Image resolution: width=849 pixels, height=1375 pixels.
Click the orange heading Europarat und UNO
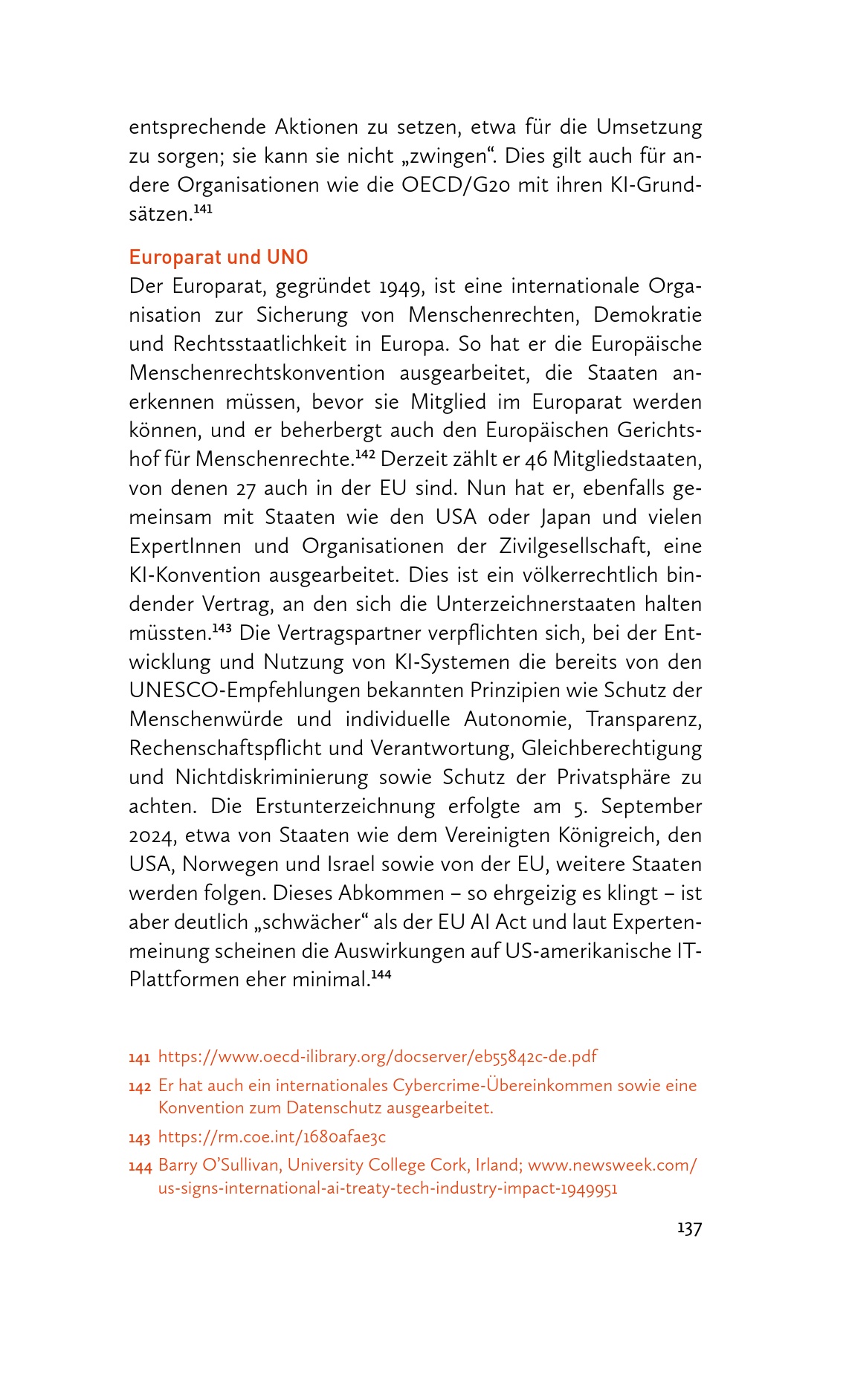click(x=219, y=257)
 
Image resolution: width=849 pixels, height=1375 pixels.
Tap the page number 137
click(x=689, y=1229)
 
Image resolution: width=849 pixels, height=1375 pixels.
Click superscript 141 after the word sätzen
click(x=203, y=210)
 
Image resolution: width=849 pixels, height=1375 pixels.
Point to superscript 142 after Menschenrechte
click(x=364, y=455)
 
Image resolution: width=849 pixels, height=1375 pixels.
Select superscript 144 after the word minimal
click(x=381, y=974)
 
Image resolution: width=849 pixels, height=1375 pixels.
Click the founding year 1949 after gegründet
click(x=401, y=286)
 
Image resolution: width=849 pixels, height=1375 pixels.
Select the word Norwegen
click(x=227, y=864)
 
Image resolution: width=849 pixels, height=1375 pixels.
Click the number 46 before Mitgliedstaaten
click(x=536, y=459)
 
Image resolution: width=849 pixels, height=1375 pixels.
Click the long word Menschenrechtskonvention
click(x=257, y=373)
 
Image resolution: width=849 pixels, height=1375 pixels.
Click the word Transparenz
click(x=644, y=719)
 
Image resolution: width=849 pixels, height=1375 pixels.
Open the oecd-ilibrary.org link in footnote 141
click(x=378, y=1056)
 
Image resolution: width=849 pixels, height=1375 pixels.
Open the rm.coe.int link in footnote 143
click(x=272, y=1136)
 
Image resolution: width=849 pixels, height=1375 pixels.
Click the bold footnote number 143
click(x=139, y=1137)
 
